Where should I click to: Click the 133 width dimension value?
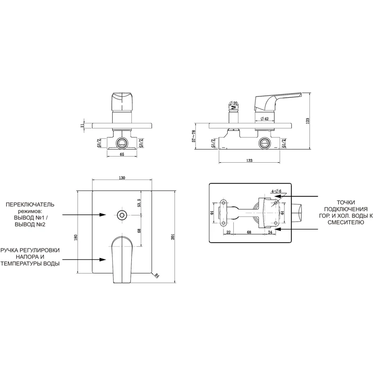pyautogui.click(x=249, y=160)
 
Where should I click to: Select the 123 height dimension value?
pyautogui.click(x=308, y=121)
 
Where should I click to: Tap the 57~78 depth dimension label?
pyautogui.click(x=194, y=136)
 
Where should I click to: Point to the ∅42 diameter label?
pyautogui.click(x=264, y=119)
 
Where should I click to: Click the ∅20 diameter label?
pyautogui.click(x=233, y=103)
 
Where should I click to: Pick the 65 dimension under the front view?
pyautogui.click(x=122, y=154)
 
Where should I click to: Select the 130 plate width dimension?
pyautogui.click(x=122, y=178)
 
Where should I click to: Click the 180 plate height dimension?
pyautogui.click(x=76, y=237)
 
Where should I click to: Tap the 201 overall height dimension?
pyautogui.click(x=173, y=237)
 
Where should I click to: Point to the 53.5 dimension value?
pyautogui.click(x=139, y=202)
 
